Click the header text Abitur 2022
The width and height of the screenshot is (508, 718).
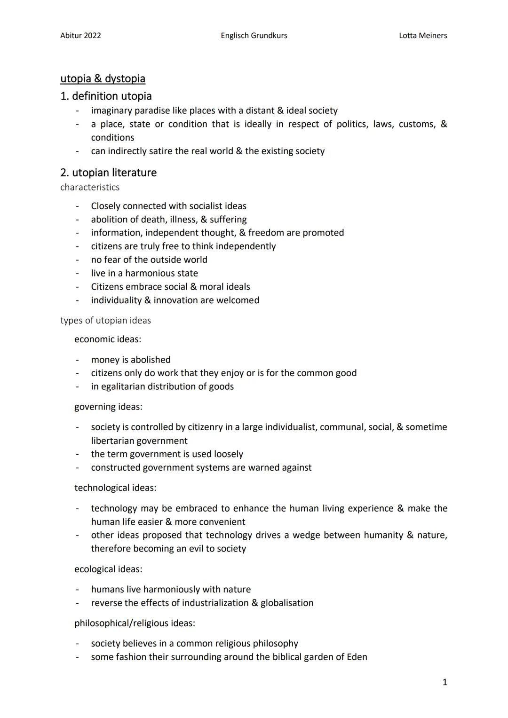(x=80, y=36)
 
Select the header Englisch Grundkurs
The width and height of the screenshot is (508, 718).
(x=254, y=36)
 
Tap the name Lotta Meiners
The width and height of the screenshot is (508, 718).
(x=422, y=36)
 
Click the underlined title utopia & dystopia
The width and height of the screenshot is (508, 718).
(x=103, y=79)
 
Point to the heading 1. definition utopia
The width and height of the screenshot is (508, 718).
(x=106, y=96)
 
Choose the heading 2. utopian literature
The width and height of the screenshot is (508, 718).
(x=108, y=173)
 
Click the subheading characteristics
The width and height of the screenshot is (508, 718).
(x=90, y=187)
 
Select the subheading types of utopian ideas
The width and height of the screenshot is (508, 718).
(x=105, y=321)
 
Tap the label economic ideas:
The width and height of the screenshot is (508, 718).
(x=107, y=339)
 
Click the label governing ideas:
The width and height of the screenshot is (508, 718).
(x=108, y=407)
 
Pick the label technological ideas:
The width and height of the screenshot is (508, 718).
(x=115, y=488)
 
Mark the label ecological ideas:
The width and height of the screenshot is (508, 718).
(x=108, y=569)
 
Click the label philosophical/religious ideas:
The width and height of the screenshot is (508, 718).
(x=135, y=623)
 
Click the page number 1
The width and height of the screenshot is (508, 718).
(x=444, y=682)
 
